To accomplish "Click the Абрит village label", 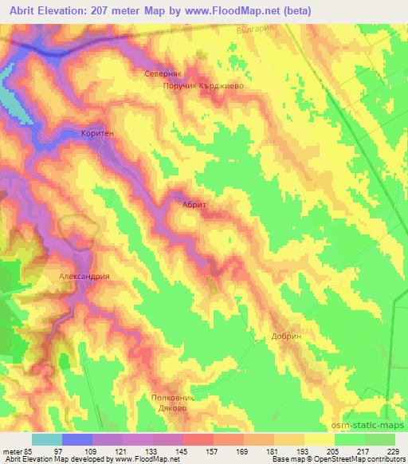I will click(194, 205).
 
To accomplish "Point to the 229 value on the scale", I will click(393, 450).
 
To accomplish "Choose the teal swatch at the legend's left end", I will click(47, 438).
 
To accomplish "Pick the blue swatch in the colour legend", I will click(77, 438).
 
